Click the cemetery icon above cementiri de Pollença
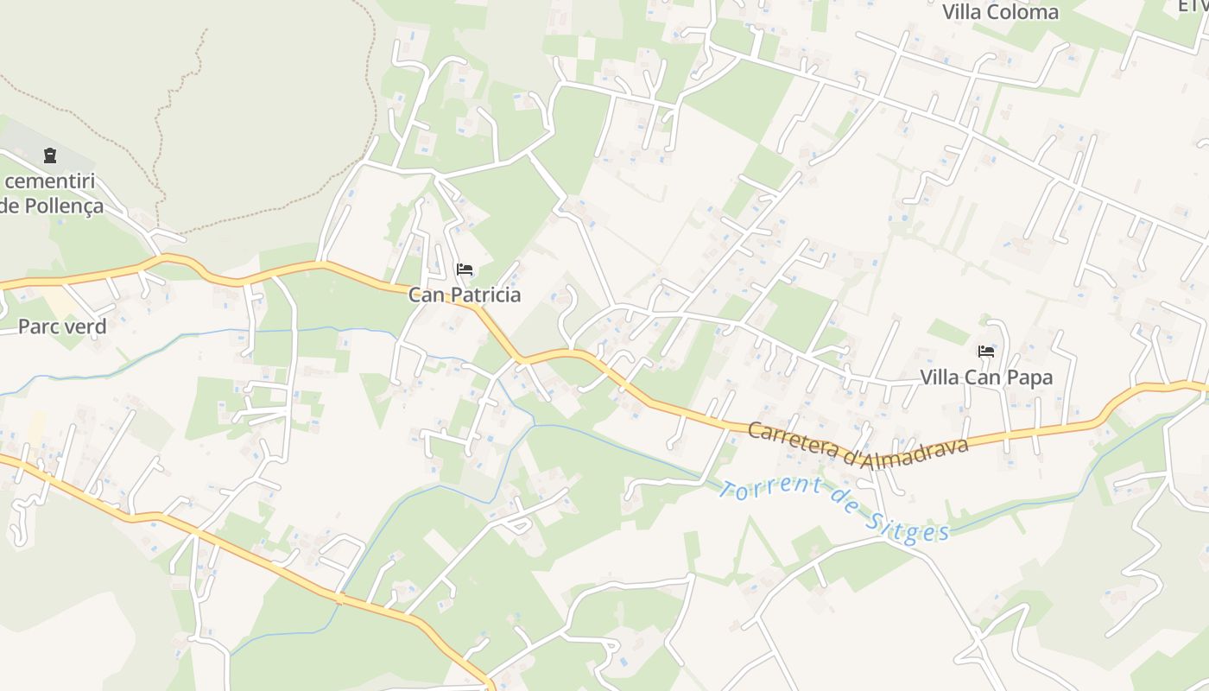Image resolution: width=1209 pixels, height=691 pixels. pos(49,155)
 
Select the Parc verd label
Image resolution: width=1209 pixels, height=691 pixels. pos(62,326)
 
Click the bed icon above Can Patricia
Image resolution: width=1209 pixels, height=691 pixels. pos(465,269)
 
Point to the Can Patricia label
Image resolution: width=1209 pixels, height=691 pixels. pos(465,295)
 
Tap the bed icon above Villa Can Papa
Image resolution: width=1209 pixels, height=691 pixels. pos(986,352)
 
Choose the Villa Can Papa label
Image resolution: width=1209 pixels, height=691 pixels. pos(986,377)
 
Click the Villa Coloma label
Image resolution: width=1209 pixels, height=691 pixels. pos(1000,12)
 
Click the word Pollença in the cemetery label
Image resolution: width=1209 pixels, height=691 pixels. pos(60,206)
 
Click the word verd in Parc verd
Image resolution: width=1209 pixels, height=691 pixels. pos(88,326)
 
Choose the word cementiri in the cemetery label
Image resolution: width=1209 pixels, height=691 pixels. pos(50,181)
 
